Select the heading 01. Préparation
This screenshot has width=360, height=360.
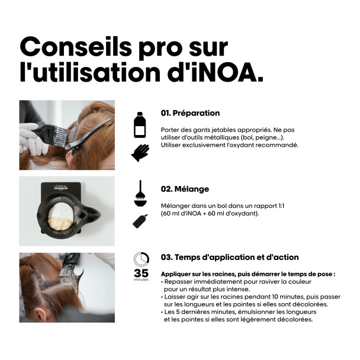[190, 113]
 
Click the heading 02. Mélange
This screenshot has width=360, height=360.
[185, 189]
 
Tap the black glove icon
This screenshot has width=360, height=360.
[140, 153]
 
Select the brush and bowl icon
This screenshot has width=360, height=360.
[140, 194]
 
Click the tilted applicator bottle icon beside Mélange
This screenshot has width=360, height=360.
[140, 221]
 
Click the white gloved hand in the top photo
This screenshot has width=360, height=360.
[29, 137]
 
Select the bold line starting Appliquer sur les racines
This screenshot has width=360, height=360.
[248, 274]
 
